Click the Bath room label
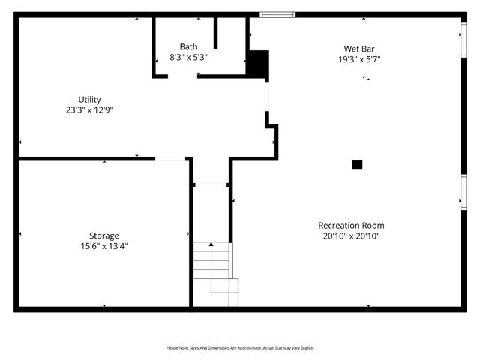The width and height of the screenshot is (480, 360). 188,46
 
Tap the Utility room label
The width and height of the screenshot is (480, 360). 89,100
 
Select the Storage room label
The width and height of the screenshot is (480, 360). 104,235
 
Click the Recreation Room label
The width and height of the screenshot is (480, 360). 351,226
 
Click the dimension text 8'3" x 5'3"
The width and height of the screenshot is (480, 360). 188,56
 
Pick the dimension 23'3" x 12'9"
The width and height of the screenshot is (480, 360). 89,109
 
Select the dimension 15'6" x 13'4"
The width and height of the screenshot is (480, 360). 104,245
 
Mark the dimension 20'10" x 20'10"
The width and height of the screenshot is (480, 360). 351,235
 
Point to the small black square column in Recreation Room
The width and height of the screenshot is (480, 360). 358,165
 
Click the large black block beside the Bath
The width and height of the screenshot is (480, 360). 258,63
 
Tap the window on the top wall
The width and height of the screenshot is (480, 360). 277,13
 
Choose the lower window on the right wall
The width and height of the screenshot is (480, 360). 463,192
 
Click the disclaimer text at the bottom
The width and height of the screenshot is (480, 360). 240,348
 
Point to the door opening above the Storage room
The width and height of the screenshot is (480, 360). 170,158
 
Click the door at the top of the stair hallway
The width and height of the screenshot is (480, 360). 211,184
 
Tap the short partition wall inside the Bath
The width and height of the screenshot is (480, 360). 216,34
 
